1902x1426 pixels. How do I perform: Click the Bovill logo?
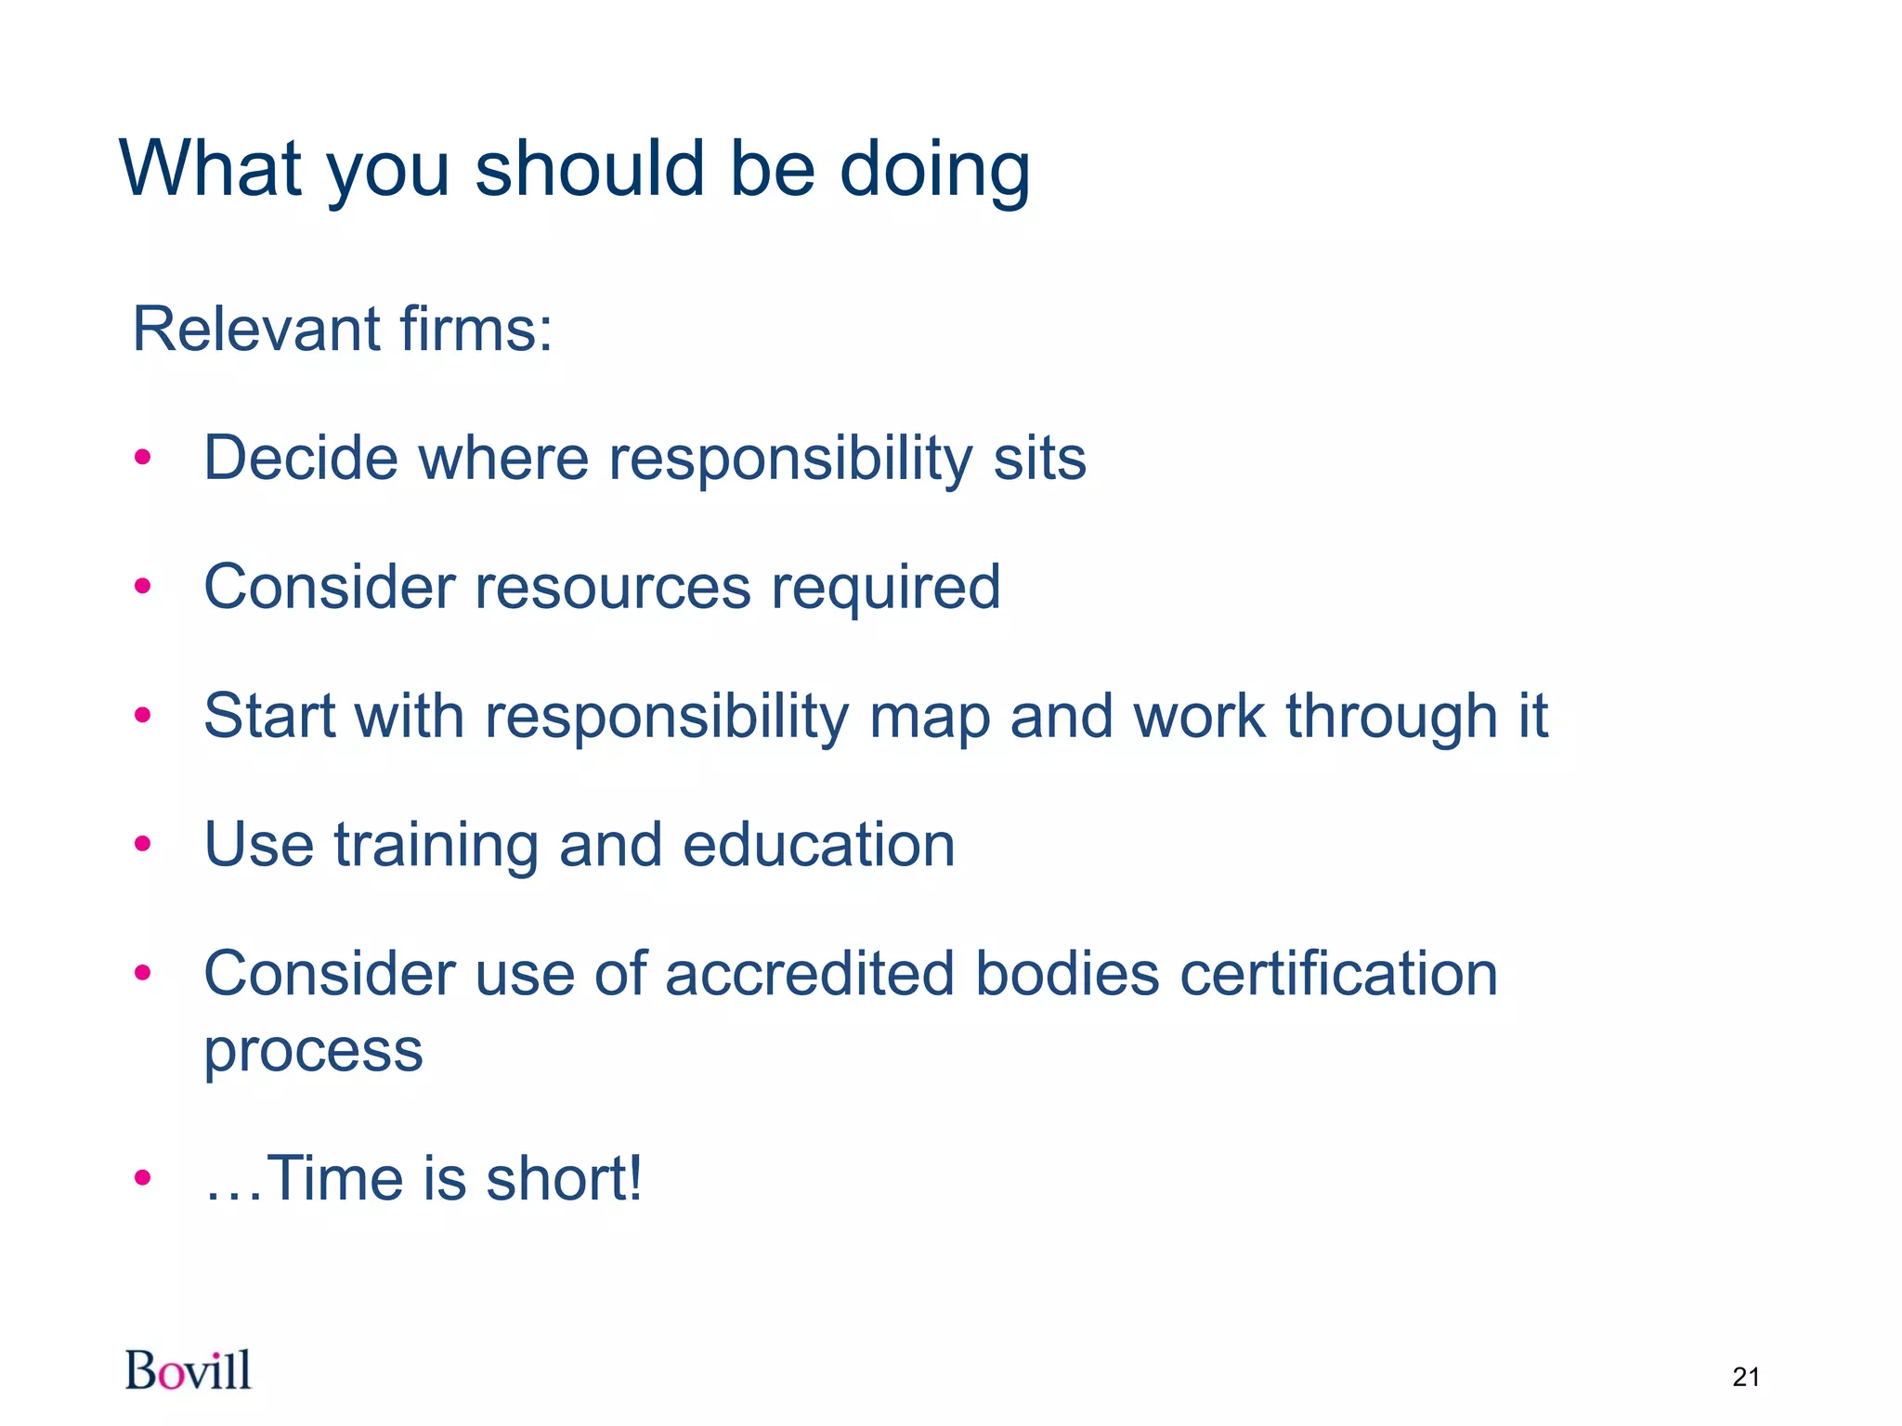click(189, 1370)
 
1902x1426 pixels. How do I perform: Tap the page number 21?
click(1746, 1377)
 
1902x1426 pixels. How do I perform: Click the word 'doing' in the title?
click(935, 169)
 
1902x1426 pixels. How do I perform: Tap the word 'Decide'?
click(301, 458)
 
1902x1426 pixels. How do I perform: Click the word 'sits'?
click(1039, 458)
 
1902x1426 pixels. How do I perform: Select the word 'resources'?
click(613, 587)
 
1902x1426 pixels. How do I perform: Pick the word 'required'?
click(886, 589)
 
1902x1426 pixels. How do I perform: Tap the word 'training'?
click(436, 846)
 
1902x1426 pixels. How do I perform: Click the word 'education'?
click(818, 845)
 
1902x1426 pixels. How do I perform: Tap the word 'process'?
click(313, 1052)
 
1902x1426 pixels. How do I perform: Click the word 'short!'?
click(564, 1178)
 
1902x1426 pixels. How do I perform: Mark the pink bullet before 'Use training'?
click(142, 844)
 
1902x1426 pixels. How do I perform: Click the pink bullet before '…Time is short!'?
click(142, 1178)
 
